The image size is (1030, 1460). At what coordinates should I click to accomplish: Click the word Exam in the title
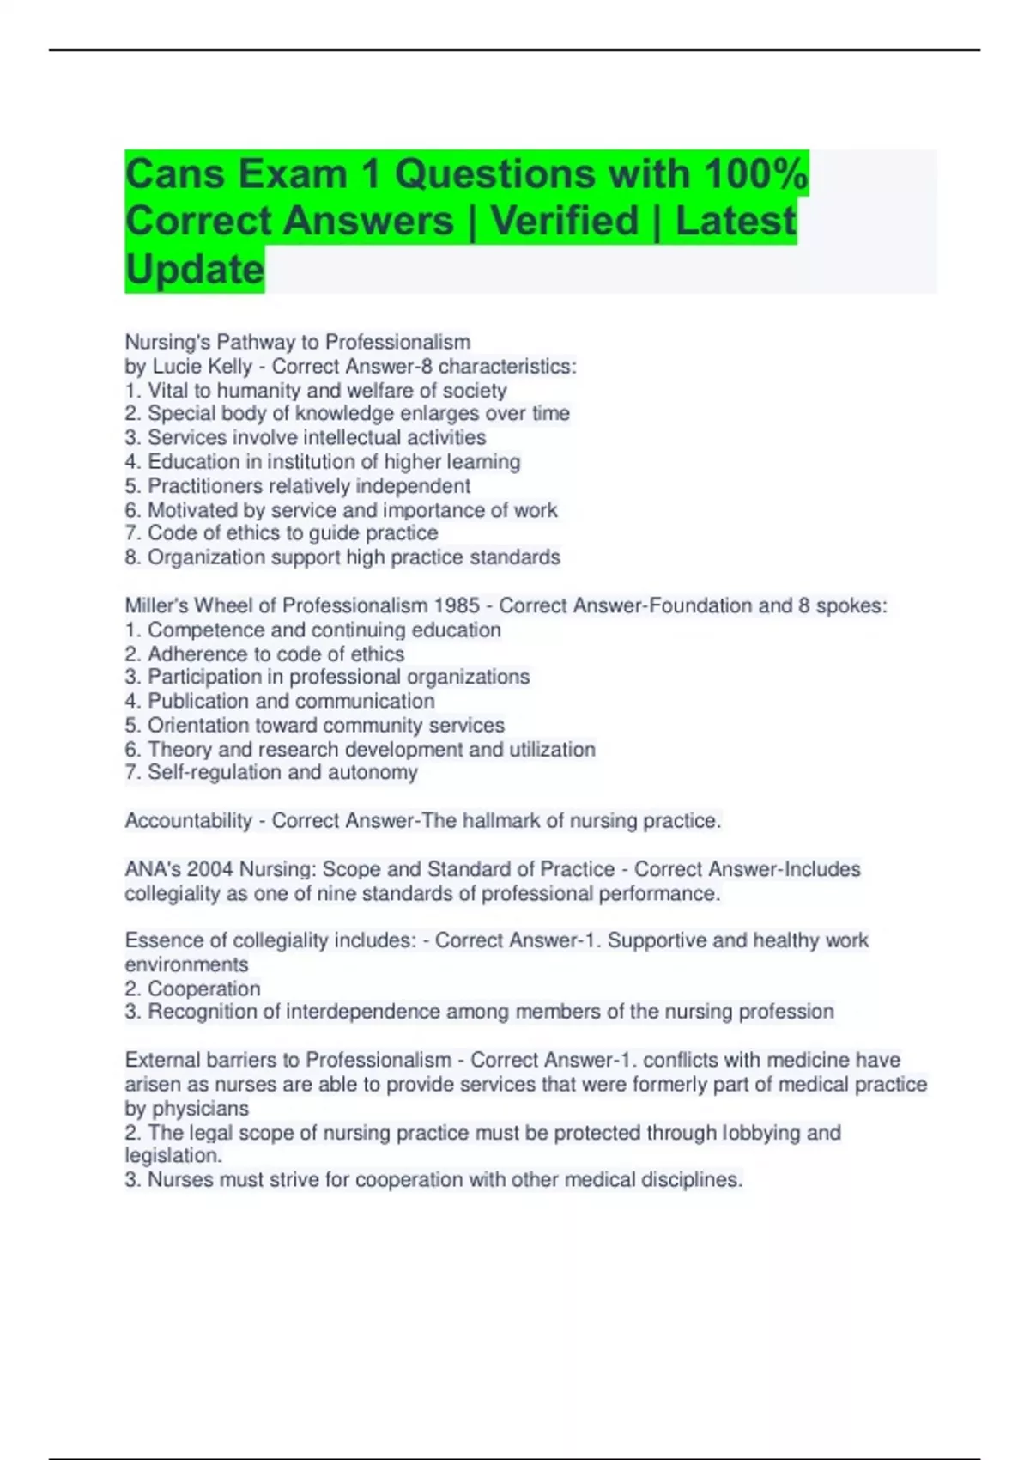pos(292,174)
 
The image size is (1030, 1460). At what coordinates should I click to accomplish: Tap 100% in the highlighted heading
pos(755,174)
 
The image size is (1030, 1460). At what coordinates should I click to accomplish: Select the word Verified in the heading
pos(565,221)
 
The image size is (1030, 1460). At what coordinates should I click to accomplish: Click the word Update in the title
pos(194,269)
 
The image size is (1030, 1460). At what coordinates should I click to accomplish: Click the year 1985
pos(457,606)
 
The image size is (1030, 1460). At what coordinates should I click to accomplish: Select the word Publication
pos(198,702)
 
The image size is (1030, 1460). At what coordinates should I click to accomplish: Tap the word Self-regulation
pos(215,773)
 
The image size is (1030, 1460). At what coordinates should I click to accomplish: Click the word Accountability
pos(189,821)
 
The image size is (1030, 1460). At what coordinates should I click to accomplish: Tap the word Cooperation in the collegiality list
pos(203,989)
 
